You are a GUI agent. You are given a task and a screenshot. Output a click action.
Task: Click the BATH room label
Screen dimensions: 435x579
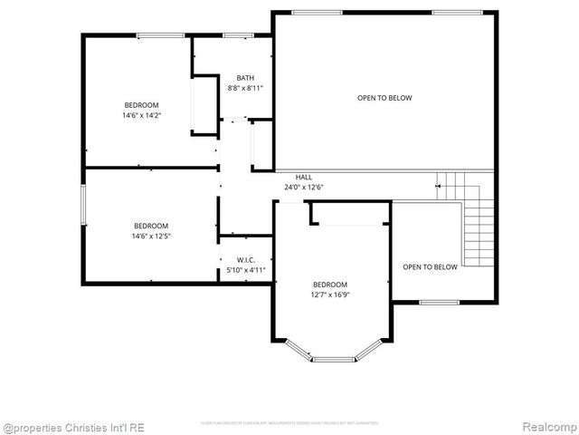pyautogui.click(x=245, y=78)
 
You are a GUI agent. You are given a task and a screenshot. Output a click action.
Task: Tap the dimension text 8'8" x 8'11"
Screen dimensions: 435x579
pyautogui.click(x=245, y=89)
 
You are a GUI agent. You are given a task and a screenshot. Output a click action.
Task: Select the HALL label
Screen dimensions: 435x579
pyautogui.click(x=304, y=177)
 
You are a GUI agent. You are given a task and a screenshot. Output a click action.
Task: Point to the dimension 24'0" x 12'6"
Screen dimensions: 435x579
pyautogui.click(x=304, y=188)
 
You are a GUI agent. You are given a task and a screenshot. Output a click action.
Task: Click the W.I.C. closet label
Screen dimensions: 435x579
pyautogui.click(x=245, y=259)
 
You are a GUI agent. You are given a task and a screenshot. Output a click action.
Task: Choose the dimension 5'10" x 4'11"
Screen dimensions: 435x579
pyautogui.click(x=245, y=270)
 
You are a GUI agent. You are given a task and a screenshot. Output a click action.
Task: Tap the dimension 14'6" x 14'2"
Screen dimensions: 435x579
pyautogui.click(x=141, y=115)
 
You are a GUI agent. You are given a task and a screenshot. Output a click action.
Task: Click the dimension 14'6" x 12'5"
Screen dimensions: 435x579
pyautogui.click(x=151, y=237)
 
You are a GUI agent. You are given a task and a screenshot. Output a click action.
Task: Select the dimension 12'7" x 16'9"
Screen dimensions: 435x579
pyautogui.click(x=330, y=295)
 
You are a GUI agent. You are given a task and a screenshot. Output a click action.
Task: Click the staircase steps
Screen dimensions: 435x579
pyautogui.click(x=479, y=227)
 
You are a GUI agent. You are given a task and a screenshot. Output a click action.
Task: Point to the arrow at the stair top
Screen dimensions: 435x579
pyautogui.click(x=441, y=186)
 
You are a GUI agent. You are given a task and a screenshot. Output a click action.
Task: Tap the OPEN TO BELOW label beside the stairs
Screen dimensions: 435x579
pyautogui.click(x=430, y=266)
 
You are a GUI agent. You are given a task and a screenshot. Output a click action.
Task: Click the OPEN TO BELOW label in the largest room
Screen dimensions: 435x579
pyautogui.click(x=384, y=98)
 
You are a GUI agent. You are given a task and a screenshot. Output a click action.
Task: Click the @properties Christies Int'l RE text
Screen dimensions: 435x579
pyautogui.click(x=73, y=427)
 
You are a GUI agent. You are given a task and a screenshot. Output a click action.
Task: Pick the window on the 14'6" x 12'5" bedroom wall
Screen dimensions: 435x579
pyautogui.click(x=83, y=204)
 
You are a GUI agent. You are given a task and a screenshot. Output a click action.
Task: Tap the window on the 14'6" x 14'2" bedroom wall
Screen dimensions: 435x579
pyautogui.click(x=155, y=35)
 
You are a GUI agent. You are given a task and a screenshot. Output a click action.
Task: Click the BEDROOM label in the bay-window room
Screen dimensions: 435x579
pyautogui.click(x=330, y=285)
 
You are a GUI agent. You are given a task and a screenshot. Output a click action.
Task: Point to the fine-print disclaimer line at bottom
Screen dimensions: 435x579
pyautogui.click(x=289, y=422)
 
